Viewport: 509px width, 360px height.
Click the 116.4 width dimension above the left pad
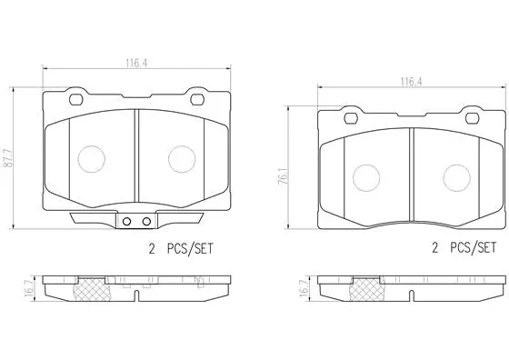(x=137, y=64)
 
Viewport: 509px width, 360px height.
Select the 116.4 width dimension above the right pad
(x=409, y=82)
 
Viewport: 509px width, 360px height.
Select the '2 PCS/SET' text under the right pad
(x=464, y=247)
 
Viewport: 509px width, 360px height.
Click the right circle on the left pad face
(x=181, y=158)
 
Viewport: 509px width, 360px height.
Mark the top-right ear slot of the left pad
(x=196, y=98)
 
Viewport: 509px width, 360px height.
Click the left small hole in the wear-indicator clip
(x=129, y=222)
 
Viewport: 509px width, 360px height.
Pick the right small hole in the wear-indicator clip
(x=145, y=222)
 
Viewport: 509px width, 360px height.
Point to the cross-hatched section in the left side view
(x=92, y=290)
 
